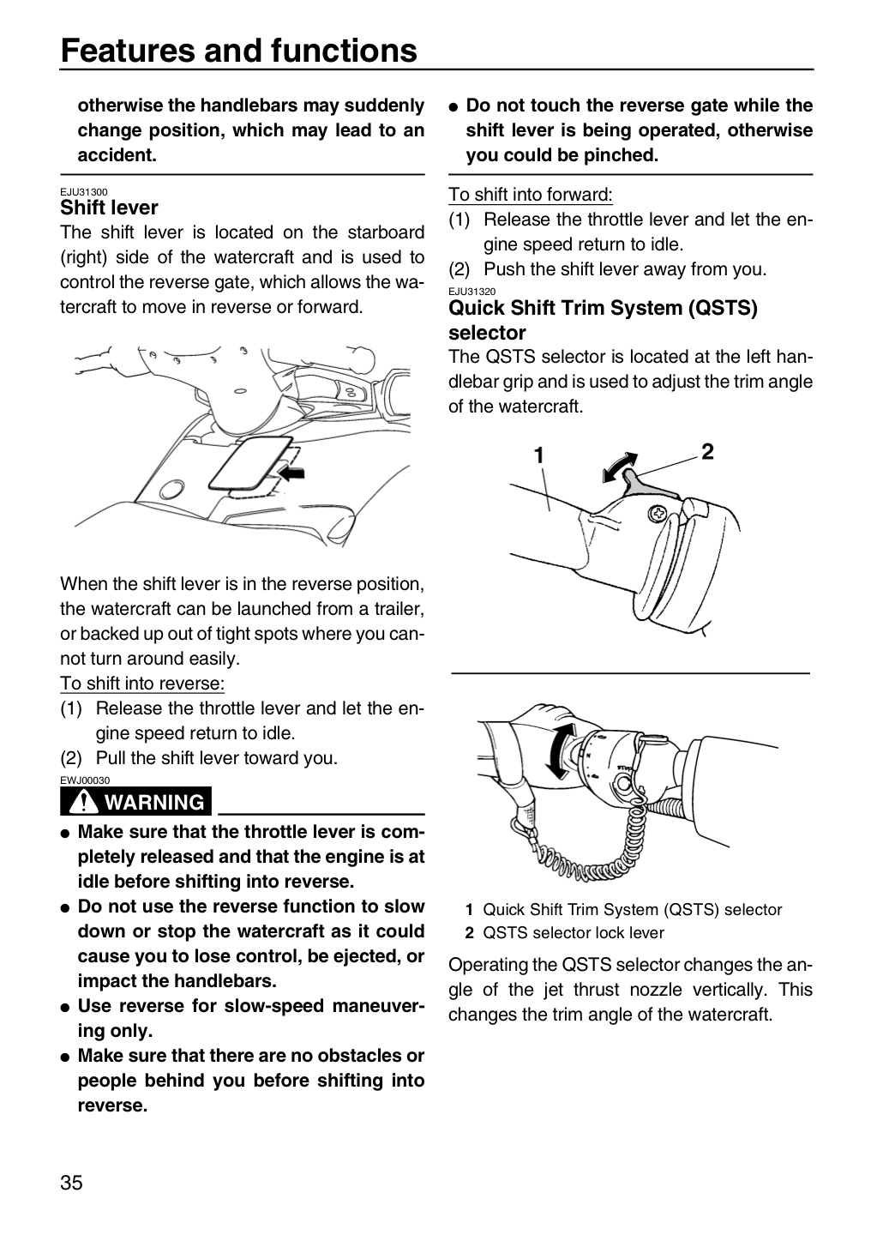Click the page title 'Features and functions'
click(238, 51)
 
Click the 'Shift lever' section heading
click(109, 208)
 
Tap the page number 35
click(72, 1183)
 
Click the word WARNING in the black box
click(154, 802)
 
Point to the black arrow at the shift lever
click(291, 473)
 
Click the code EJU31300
click(84, 192)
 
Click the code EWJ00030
click(85, 780)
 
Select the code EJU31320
click(472, 292)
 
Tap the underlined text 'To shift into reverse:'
click(142, 684)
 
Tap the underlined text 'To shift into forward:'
click(531, 195)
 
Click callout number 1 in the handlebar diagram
click(539, 455)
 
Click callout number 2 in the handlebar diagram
click(707, 451)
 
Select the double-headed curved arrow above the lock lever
click(619, 466)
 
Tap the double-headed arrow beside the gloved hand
click(559, 752)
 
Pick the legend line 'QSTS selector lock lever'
click(574, 932)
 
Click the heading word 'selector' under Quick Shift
click(487, 333)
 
